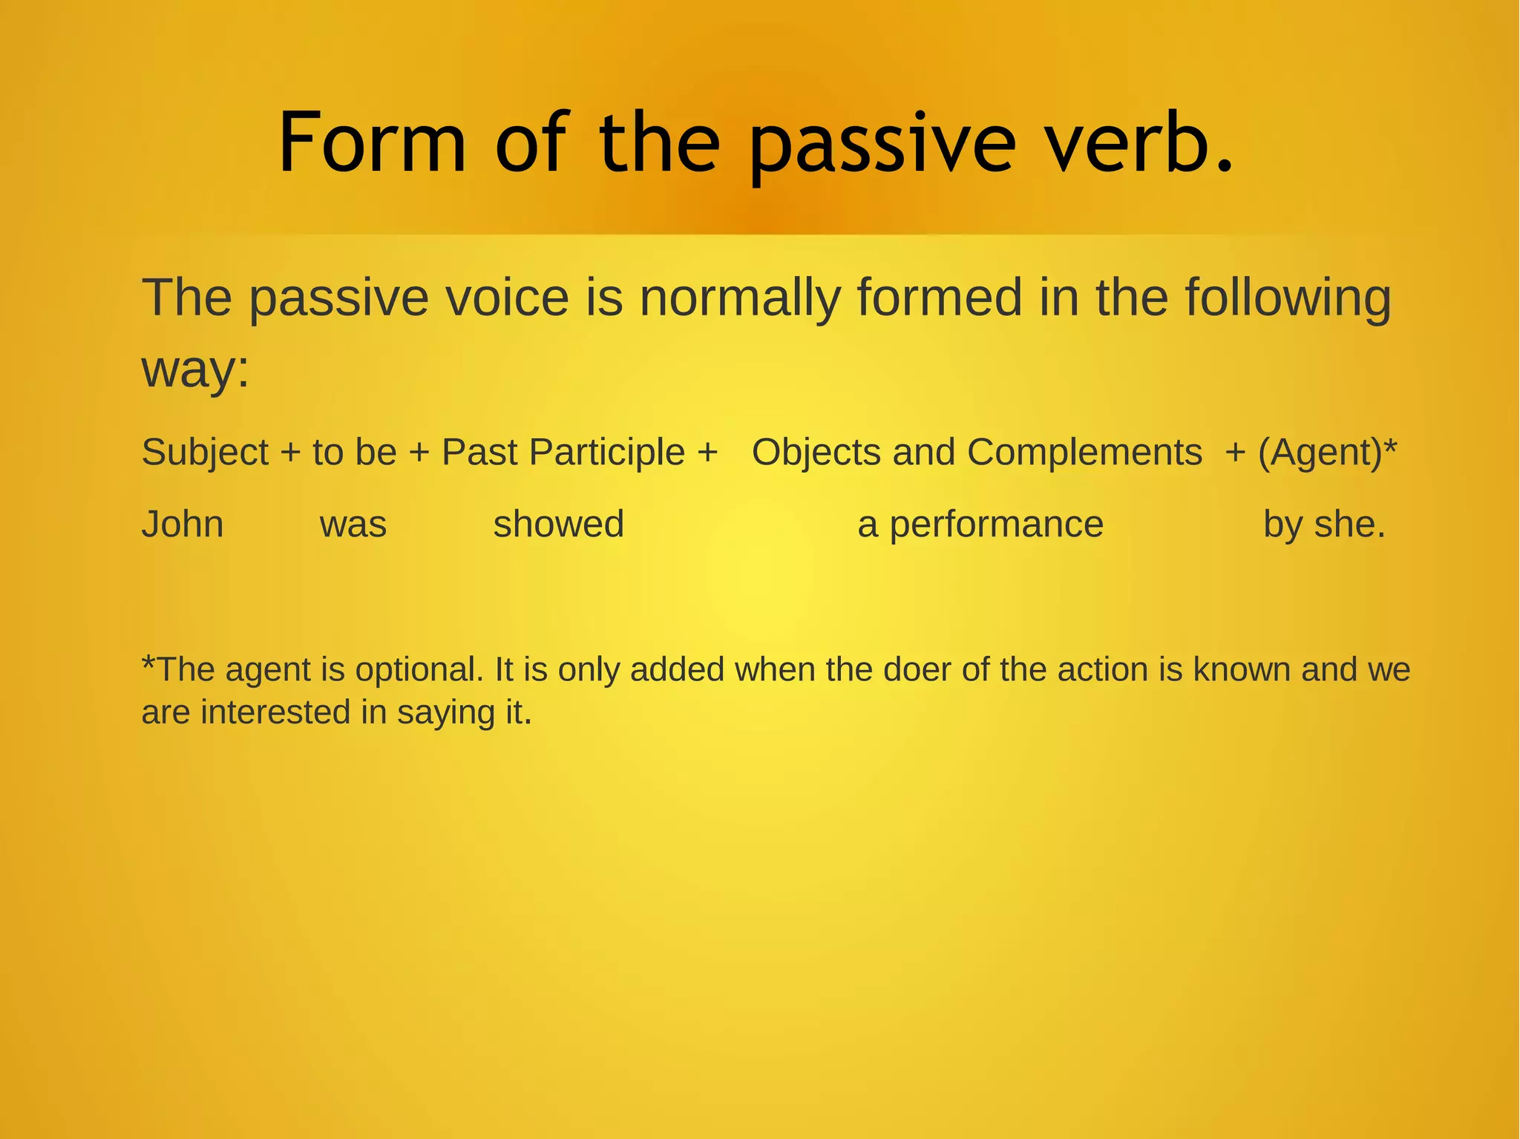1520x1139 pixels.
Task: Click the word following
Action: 1288,298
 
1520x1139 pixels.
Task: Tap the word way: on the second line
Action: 195,369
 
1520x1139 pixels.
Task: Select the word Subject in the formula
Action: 205,453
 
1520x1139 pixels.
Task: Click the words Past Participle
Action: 563,453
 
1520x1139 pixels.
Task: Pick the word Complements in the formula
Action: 1084,452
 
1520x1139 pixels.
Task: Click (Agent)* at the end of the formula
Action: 1328,452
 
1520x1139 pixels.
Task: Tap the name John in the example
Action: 183,524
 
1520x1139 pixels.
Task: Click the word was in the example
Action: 353,525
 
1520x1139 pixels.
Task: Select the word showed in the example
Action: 558,524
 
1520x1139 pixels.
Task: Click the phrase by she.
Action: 1324,525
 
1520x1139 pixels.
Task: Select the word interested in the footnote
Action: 275,712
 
